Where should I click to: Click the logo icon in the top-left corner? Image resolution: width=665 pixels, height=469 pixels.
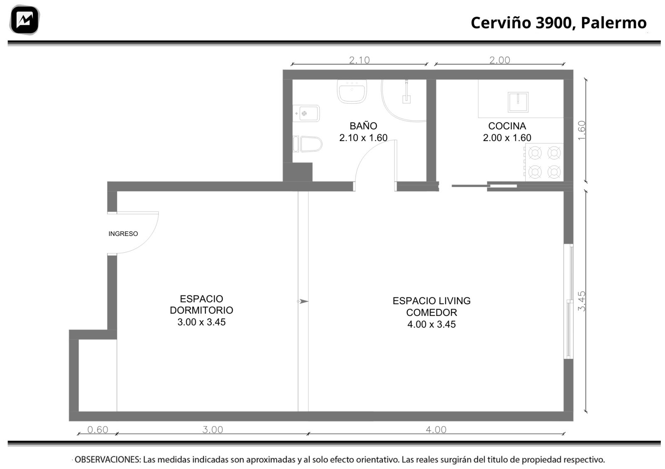[25, 20]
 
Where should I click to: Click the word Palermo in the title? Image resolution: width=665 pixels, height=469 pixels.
[613, 23]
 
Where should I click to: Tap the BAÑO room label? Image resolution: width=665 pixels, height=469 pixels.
[363, 126]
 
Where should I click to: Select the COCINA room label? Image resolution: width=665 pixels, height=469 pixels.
[507, 126]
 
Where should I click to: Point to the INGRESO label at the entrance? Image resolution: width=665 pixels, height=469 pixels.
[123, 234]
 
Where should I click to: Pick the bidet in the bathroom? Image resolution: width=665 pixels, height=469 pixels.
[306, 113]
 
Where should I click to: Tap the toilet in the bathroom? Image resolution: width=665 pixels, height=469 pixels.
[308, 144]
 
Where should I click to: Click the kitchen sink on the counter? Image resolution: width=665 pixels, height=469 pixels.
[518, 102]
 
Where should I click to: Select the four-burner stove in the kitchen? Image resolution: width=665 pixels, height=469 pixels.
[544, 162]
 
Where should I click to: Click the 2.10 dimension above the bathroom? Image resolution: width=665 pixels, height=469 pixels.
[359, 60]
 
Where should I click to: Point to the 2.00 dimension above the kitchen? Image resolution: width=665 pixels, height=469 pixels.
[500, 60]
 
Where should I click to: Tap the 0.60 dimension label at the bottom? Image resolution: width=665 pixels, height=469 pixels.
[98, 430]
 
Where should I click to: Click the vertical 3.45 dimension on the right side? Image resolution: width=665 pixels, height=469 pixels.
[581, 301]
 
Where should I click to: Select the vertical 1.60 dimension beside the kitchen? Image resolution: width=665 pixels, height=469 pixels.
[581, 131]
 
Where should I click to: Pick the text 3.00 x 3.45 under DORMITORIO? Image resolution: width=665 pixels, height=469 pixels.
[202, 322]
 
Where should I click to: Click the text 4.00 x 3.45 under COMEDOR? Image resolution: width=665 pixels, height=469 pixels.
[431, 324]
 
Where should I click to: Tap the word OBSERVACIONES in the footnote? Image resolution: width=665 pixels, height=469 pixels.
[108, 459]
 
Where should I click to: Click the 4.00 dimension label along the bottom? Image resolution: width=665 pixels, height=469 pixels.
[436, 430]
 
